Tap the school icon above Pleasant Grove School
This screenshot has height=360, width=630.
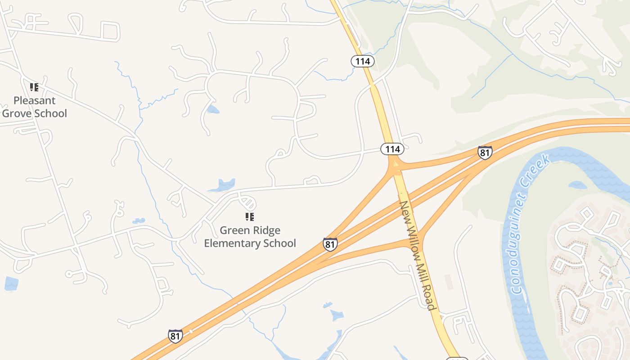tap(34, 87)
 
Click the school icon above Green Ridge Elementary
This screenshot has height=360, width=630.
tap(250, 217)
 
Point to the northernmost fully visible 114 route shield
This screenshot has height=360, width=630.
tap(363, 61)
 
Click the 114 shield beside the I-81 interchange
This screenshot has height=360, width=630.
tap(392, 148)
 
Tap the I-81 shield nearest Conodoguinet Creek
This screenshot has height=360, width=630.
tap(485, 152)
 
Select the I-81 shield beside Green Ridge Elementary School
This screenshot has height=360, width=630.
tap(330, 244)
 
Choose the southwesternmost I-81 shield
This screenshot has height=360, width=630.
tap(175, 336)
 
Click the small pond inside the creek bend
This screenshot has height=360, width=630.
tap(577, 184)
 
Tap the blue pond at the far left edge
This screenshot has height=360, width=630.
tap(11, 283)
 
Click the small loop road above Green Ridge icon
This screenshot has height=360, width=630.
tap(247, 201)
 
